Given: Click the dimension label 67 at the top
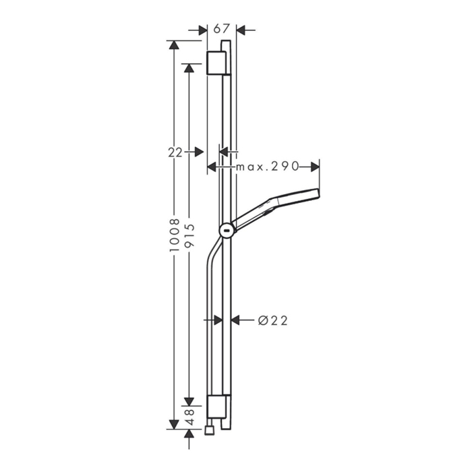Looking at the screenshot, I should (222, 29).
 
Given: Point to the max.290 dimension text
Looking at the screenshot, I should (266, 166).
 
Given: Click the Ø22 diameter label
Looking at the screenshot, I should (273, 320).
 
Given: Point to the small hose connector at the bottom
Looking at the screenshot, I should (212, 427).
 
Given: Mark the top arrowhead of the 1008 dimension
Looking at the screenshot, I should (175, 45).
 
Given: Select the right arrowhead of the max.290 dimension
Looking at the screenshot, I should (315, 166).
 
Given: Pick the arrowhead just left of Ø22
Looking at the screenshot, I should (235, 320).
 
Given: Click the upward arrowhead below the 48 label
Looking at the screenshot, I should (190, 437).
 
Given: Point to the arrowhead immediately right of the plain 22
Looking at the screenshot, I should (199, 152).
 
